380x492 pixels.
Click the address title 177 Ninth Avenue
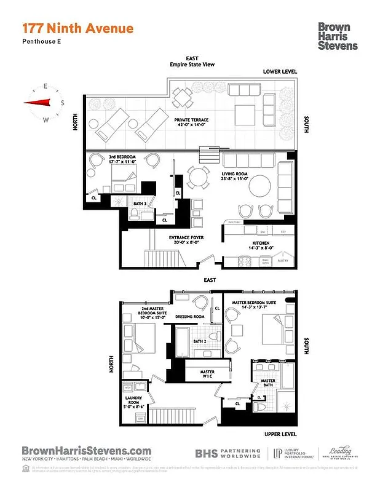click(77, 28)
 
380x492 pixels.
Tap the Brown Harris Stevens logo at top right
click(338, 36)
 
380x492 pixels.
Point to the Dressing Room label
click(189, 317)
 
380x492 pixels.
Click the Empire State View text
click(192, 65)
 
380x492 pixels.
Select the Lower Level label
click(280, 72)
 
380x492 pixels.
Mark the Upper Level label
click(280, 433)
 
